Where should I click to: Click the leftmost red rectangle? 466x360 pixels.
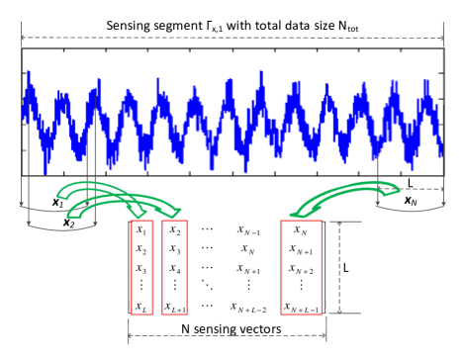pos(142,267)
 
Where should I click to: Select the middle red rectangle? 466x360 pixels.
pos(175,267)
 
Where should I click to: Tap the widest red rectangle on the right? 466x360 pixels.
pos(302,267)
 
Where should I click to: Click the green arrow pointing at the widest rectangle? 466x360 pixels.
pos(336,197)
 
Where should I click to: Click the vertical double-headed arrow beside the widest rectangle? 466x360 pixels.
pos(339,267)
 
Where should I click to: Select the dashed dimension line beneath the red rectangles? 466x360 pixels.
pos(228,335)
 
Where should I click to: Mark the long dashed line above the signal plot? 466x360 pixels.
pos(233,39)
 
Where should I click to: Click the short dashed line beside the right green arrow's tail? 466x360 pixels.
pos(420,189)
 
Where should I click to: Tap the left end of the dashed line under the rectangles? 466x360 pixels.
pos(131,335)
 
